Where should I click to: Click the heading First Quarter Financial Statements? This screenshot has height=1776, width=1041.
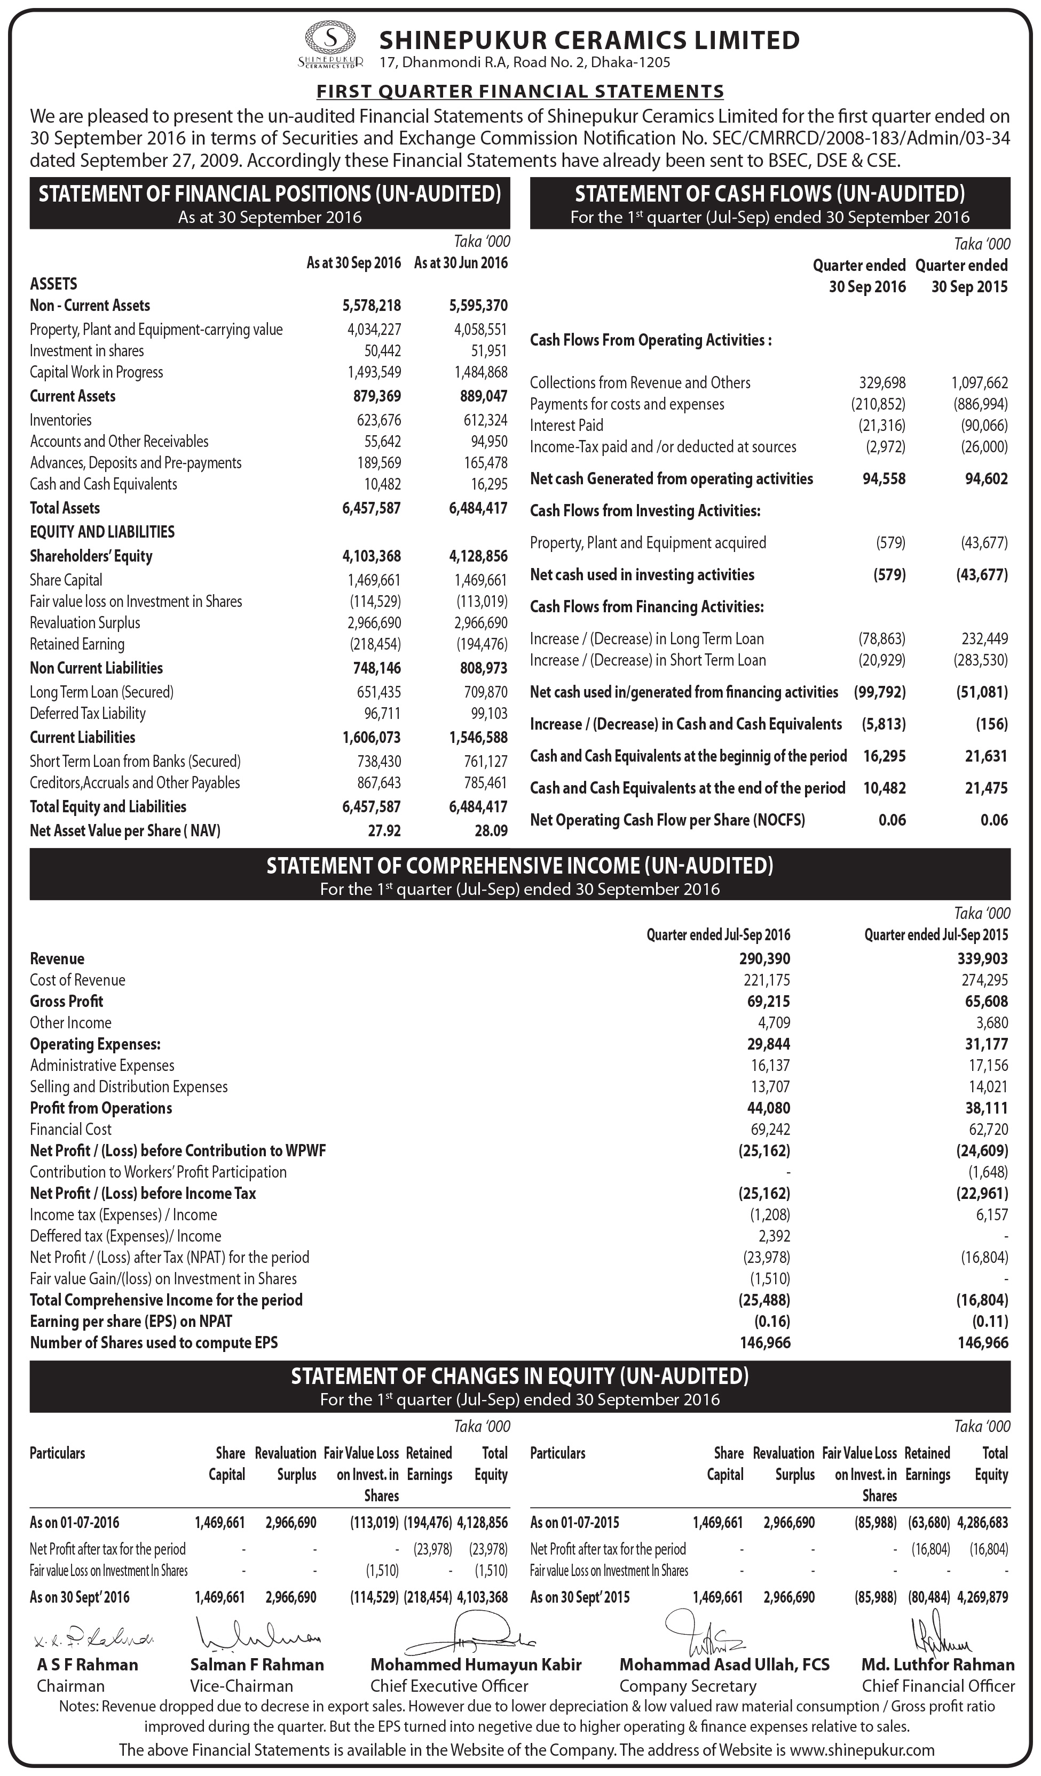point(520,91)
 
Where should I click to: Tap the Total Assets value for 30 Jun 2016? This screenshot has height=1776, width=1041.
point(478,508)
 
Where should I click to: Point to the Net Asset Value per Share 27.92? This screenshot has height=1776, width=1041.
point(384,831)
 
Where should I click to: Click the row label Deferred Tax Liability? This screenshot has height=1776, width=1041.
point(88,713)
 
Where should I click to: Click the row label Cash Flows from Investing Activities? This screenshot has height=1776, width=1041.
point(645,511)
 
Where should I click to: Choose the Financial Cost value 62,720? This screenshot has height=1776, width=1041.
point(988,1130)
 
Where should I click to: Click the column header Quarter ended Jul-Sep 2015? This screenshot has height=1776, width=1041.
point(936,935)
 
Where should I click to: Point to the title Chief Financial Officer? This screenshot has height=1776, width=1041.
point(938,1686)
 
